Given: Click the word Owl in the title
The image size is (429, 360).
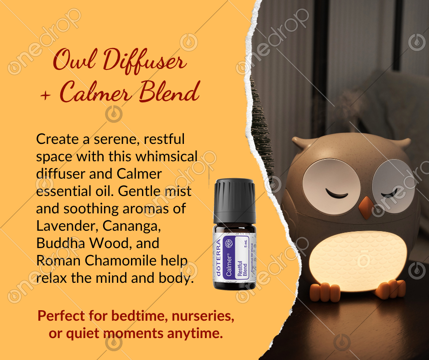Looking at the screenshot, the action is [74, 60].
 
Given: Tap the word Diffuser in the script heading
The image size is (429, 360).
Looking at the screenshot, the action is [145, 61].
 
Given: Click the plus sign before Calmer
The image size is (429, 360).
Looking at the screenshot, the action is [46, 95].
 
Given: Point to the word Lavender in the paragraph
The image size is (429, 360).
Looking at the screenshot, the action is [67, 226].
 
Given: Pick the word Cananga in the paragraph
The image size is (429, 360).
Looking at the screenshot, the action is [131, 226].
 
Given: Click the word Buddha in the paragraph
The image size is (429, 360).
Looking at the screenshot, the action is [61, 243].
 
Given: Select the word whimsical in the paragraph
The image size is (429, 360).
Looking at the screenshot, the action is [166, 156].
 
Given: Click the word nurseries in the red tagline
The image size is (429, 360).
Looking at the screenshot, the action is [203, 316].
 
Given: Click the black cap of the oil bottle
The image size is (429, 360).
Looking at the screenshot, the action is [235, 201].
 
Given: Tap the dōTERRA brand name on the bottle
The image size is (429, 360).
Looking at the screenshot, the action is [218, 258].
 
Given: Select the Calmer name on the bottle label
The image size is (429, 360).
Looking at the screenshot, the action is [229, 266].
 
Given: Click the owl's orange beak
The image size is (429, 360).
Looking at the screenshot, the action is [366, 207].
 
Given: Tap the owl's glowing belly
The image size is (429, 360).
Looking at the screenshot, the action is [358, 260].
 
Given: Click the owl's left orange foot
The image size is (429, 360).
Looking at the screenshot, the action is [325, 292].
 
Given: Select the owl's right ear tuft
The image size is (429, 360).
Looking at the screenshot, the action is [401, 143].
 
